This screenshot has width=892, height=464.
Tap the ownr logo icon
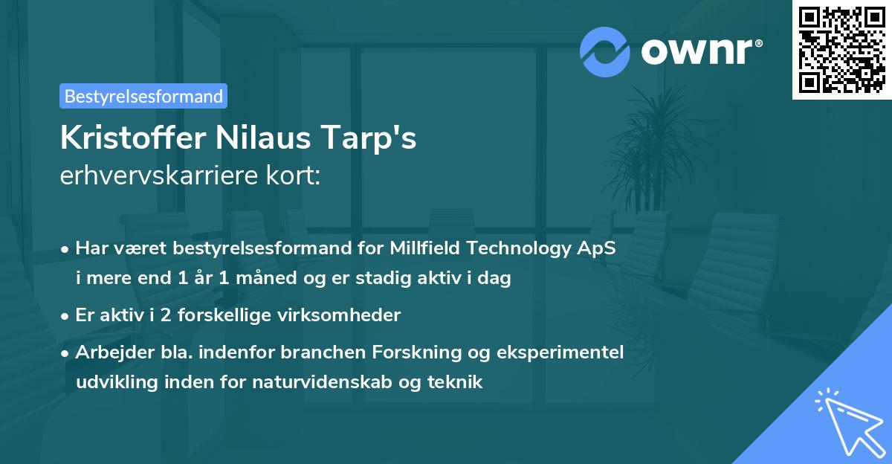click(605, 51)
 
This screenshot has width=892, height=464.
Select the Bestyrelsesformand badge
click(143, 96)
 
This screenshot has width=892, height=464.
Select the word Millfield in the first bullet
click(436, 248)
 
